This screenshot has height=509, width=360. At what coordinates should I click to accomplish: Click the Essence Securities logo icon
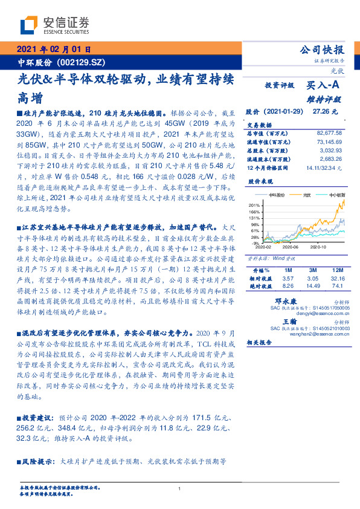click(x=29, y=26)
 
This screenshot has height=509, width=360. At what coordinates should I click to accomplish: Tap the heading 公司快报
click(x=323, y=50)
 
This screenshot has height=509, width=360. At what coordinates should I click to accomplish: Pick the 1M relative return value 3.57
click(x=287, y=277)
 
